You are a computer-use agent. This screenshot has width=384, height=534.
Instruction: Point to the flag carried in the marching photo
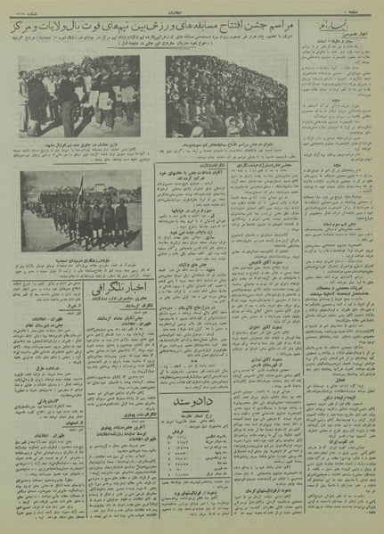tap(81, 190)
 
